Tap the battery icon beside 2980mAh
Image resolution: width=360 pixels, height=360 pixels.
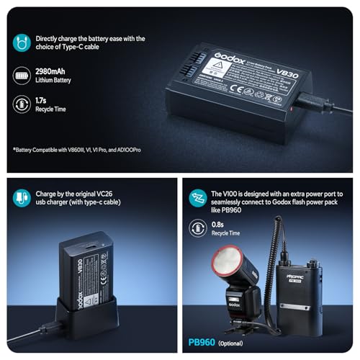22,74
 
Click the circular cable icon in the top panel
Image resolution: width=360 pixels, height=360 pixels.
22,42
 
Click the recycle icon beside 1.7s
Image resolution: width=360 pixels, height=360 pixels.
22,104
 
